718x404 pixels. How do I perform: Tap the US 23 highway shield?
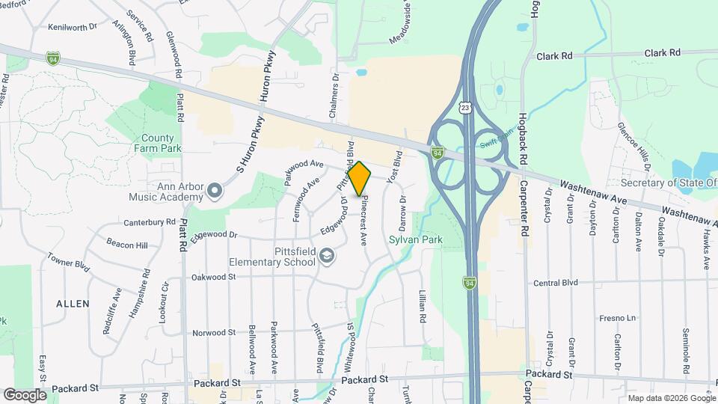tap(466, 108)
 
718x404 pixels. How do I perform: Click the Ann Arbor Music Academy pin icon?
tap(215, 192)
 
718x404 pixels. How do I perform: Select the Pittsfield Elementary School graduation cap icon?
tap(326, 257)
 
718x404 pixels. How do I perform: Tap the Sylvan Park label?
tap(416, 240)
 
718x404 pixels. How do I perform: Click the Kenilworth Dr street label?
tap(73, 26)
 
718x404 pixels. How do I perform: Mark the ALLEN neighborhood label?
tap(73, 304)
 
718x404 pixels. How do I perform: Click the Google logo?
tap(25, 394)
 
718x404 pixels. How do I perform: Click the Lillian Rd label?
tap(423, 307)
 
